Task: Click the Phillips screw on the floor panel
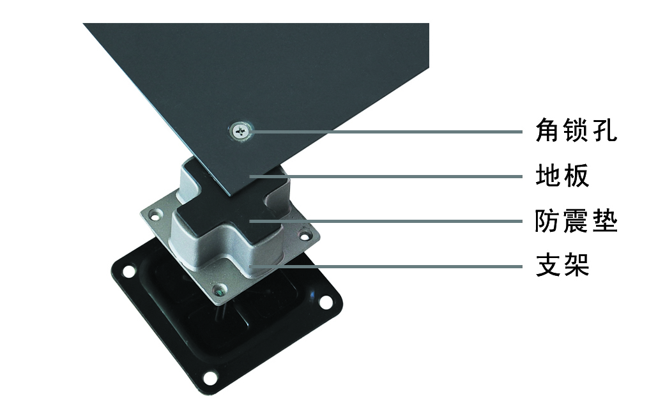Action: pos(240,131)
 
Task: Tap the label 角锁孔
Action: pos(576,130)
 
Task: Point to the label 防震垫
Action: pos(576,220)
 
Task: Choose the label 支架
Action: pos(562,265)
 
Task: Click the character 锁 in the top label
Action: pos(576,130)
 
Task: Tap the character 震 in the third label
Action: pos(576,220)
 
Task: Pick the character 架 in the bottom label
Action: pos(576,265)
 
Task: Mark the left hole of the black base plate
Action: pos(127,270)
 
